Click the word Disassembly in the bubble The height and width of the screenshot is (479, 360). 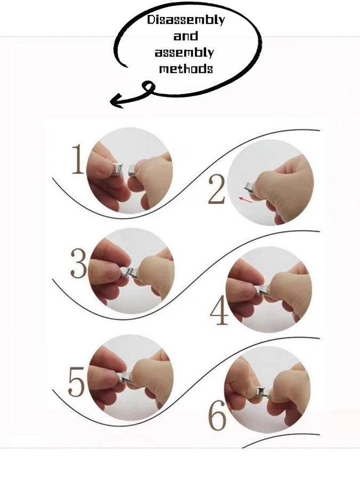186,20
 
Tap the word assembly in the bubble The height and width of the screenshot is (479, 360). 184,52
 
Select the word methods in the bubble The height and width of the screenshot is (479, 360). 186,69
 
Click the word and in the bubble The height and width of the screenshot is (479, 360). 185,36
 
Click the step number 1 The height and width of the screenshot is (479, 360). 78,159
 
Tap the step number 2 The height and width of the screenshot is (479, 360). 216,189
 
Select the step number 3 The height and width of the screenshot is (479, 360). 78,263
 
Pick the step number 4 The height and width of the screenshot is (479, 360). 219,311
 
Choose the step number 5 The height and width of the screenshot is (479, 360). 76,382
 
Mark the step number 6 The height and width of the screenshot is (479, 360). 217,415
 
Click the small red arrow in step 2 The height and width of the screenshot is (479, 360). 246,200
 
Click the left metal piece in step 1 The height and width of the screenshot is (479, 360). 118,170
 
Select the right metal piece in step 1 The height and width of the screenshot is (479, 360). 132,170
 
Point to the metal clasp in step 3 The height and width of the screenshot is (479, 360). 129,272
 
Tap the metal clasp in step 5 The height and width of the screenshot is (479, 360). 125,377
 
